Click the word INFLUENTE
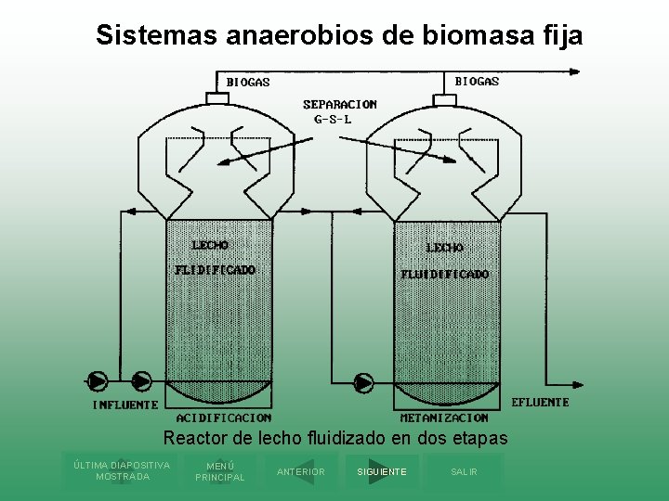[x=125, y=405]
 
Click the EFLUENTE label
[x=540, y=403]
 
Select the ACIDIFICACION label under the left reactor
[x=224, y=418]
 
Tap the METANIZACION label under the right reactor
[x=444, y=418]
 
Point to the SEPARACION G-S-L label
[x=339, y=111]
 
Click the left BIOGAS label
[x=248, y=83]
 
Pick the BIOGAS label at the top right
[x=477, y=82]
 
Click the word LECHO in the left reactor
[x=210, y=245]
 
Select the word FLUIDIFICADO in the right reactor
[x=444, y=275]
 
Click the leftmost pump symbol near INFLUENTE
[x=97, y=380]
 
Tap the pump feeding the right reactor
[x=363, y=382]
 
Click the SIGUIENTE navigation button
[x=382, y=471]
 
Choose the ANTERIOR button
[x=301, y=471]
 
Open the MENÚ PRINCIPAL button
[x=220, y=471]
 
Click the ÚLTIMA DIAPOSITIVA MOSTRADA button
[x=122, y=470]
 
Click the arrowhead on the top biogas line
[x=577, y=71]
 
